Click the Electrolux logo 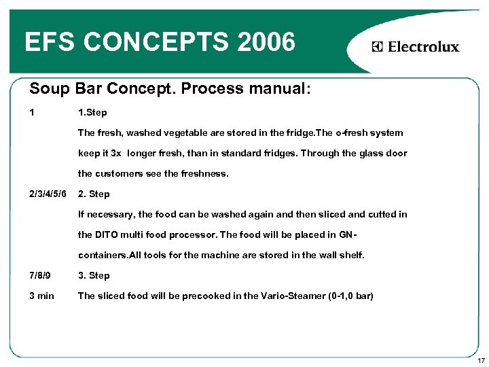[x=416, y=47]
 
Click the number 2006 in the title [x=267, y=43]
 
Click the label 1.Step [x=93, y=112]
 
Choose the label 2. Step [x=94, y=194]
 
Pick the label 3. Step [x=94, y=275]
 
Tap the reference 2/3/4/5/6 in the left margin [x=48, y=194]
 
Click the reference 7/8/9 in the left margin [x=40, y=275]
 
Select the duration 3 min [x=41, y=296]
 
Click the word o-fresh [x=347, y=133]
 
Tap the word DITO [x=107, y=234]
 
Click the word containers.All [x=112, y=255]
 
